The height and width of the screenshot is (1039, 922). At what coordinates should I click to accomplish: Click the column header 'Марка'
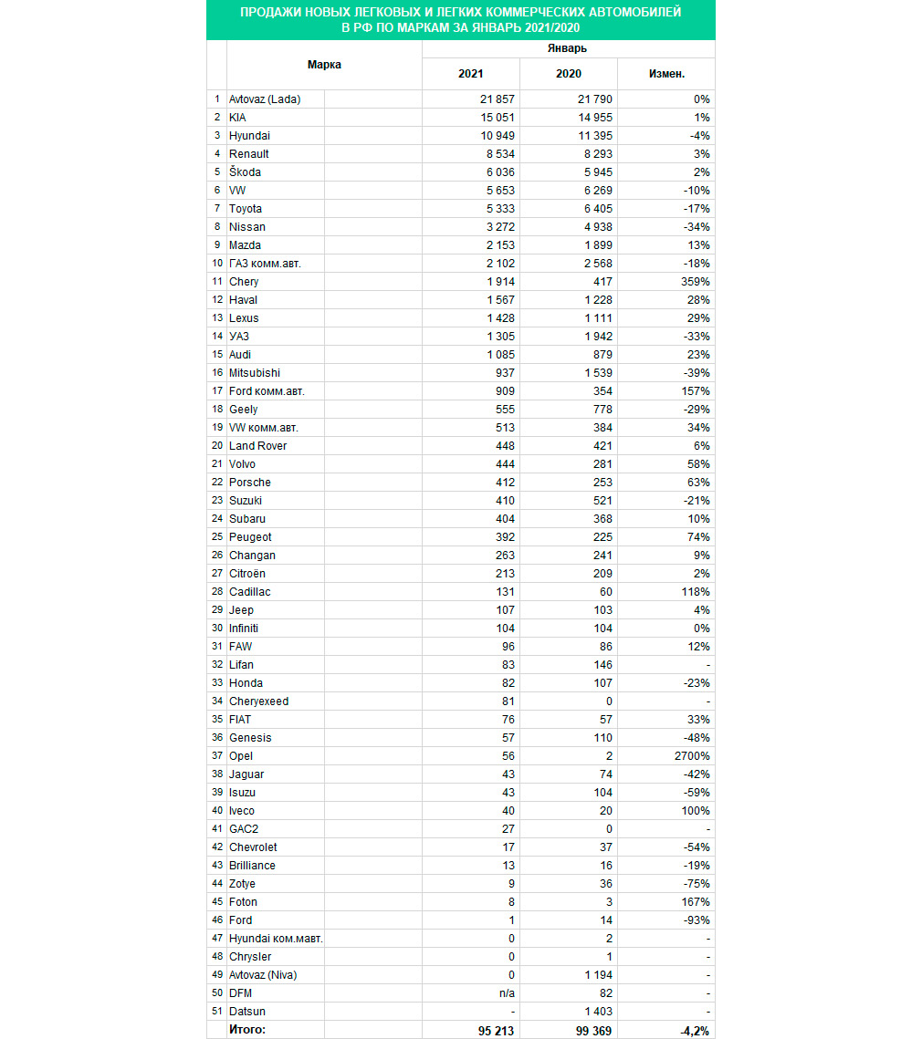pos(324,65)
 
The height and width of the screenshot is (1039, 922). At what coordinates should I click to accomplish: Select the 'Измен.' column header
pos(666,74)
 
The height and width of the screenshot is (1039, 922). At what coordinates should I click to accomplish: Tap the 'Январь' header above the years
pos(568,48)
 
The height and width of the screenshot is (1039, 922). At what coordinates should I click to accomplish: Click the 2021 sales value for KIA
pos(496,118)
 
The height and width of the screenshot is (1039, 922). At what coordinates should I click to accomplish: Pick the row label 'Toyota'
pos(246,209)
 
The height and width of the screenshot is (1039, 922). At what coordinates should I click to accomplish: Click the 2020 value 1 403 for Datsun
pos(594,1012)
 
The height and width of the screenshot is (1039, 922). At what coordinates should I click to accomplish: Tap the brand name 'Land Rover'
pos(258,446)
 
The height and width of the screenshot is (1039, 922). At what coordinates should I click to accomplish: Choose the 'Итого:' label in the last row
pos(248,1030)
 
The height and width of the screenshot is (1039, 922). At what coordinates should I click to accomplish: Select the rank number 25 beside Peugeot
pos(217,537)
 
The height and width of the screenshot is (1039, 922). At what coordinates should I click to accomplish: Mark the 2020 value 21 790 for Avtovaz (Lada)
pos(591,99)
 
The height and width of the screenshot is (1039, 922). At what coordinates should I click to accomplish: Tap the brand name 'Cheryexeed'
pos(260,701)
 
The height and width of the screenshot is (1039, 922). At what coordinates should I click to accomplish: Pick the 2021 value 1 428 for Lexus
pos(498,318)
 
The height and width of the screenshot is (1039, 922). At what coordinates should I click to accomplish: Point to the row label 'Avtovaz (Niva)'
pos(264,975)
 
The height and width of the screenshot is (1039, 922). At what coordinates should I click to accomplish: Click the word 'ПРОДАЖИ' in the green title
pos(267,13)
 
